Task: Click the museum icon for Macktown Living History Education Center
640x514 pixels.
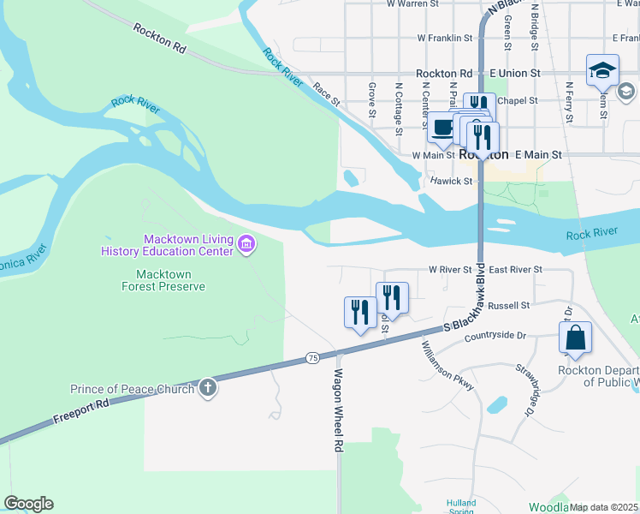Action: (246, 245)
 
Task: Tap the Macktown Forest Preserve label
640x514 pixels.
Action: (169, 280)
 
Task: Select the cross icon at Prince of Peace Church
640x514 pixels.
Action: (206, 389)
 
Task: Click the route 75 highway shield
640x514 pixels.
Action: (312, 357)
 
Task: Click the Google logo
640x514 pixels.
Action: (28, 504)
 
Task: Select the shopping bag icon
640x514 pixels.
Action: (576, 339)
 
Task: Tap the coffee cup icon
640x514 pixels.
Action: (442, 128)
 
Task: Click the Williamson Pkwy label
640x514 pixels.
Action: (448, 368)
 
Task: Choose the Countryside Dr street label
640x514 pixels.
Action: (495, 337)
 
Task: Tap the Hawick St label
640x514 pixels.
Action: (451, 181)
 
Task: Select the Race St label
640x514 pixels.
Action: (326, 94)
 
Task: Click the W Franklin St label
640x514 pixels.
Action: (445, 38)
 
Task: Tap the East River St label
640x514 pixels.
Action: (515, 269)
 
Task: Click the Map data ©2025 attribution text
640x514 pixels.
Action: (603, 507)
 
